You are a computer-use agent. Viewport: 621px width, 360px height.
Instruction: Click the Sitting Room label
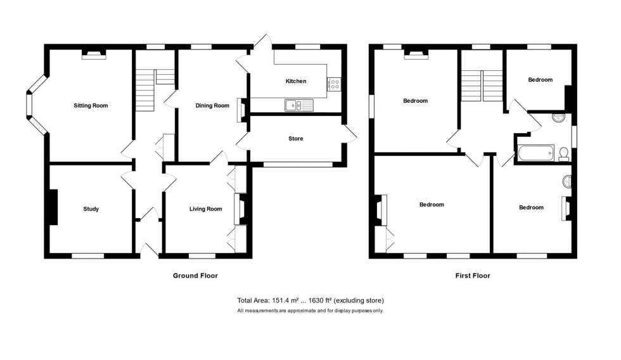click(x=91, y=105)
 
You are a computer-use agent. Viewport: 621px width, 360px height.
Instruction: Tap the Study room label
click(x=91, y=209)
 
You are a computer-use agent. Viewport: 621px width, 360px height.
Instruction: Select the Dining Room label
click(x=212, y=106)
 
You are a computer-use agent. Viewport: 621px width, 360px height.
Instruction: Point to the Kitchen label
click(x=296, y=81)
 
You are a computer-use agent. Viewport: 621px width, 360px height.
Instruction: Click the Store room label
click(x=295, y=139)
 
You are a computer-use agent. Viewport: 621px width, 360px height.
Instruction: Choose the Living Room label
click(x=205, y=209)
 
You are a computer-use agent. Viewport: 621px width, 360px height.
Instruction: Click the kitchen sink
click(x=295, y=105)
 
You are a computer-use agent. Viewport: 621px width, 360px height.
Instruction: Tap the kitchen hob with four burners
click(x=334, y=84)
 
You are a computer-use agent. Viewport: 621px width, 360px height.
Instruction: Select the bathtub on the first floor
click(x=535, y=153)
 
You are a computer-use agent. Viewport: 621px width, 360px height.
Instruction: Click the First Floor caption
click(x=471, y=276)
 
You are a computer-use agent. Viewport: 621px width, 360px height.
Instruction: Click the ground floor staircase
click(x=145, y=89)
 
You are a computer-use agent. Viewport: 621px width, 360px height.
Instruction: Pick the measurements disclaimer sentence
click(x=310, y=311)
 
